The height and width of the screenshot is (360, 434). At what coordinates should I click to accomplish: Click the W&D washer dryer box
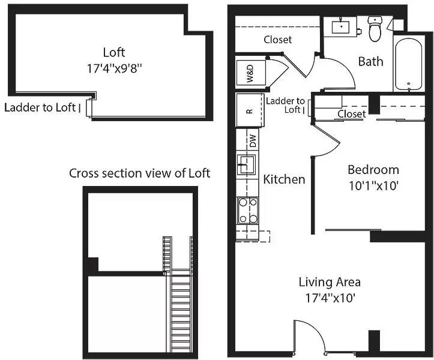251,73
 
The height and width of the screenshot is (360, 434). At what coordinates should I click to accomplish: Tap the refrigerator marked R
249,110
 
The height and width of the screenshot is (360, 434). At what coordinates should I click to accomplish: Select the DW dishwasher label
253,140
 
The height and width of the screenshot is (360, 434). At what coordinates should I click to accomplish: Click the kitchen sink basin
246,164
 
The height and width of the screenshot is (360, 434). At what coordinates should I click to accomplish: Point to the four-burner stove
248,211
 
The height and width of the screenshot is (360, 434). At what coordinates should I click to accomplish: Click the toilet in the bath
375,29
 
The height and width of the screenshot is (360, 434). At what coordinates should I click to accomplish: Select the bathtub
409,64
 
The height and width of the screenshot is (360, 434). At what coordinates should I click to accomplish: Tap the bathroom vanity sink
341,26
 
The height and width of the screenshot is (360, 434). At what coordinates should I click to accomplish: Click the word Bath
370,61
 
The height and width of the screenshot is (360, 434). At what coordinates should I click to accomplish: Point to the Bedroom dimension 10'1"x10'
373,185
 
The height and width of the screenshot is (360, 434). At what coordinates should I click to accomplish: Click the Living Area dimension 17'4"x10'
330,298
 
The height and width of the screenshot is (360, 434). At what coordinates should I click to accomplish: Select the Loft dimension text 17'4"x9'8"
114,68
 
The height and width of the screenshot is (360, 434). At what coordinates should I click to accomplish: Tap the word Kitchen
284,179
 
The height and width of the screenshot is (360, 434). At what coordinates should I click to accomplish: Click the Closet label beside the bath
277,40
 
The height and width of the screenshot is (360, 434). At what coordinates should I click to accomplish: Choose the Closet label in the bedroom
352,114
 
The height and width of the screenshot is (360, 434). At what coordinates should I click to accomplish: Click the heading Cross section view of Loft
139,173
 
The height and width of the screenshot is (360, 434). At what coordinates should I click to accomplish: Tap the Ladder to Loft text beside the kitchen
285,105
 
